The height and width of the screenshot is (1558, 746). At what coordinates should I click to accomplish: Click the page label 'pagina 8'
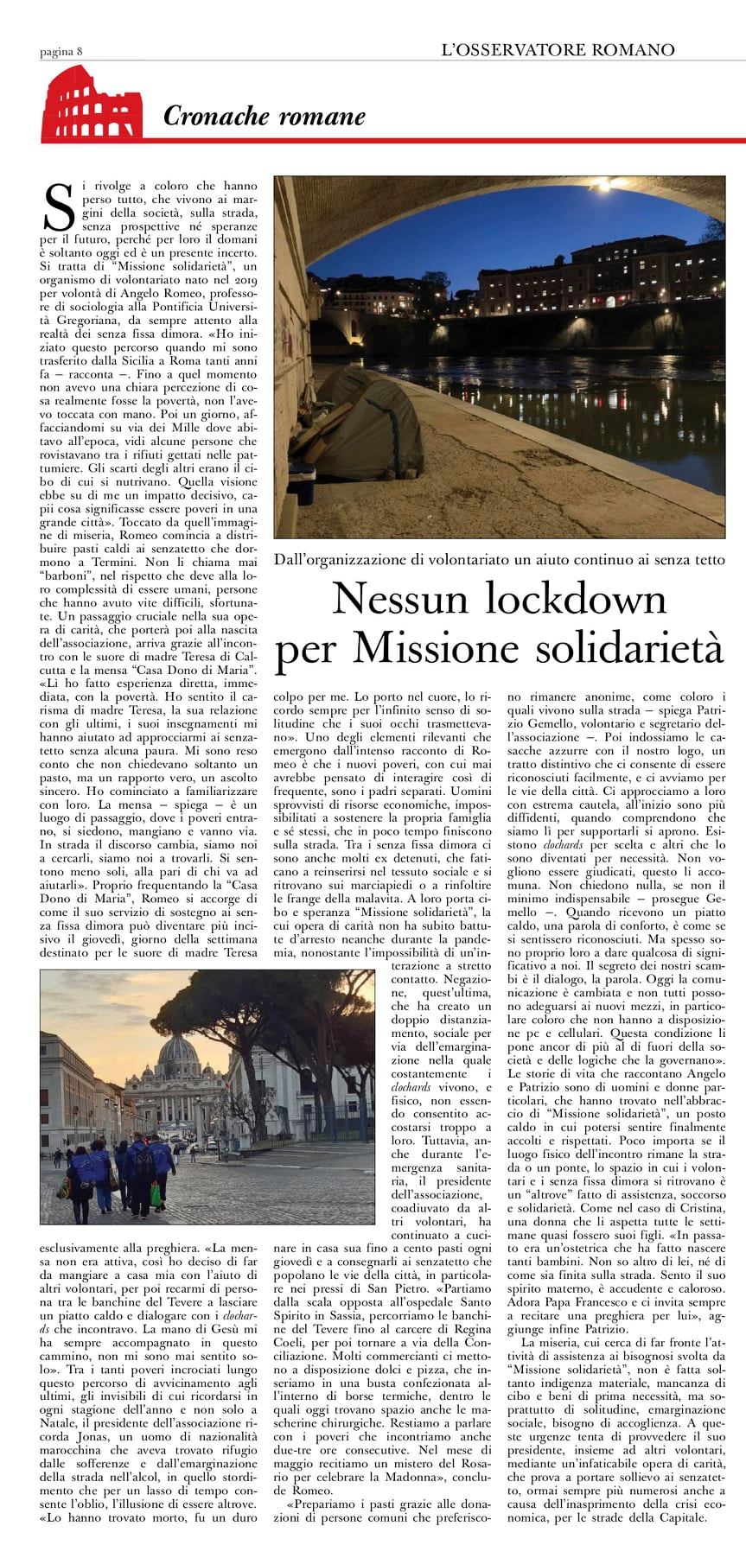pos(61,51)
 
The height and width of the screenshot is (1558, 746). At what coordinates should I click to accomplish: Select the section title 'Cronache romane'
pos(265,116)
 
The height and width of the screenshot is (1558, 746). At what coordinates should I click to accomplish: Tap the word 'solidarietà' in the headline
pos(620,648)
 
